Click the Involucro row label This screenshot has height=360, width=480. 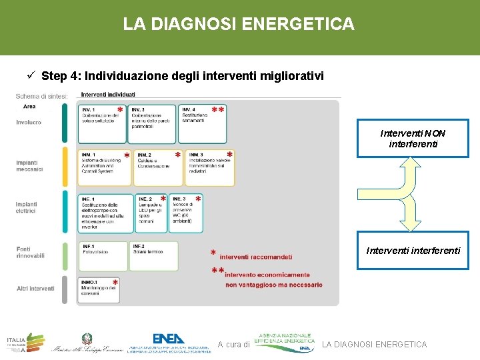[x=29, y=122]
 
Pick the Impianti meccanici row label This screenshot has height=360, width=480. [x=30, y=166]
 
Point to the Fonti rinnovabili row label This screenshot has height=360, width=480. [x=31, y=252]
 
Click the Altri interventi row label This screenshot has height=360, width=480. [x=35, y=289]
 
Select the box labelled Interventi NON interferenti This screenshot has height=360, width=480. [x=413, y=138]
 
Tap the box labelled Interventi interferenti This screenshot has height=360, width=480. [x=413, y=251]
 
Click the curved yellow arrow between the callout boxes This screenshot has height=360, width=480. [x=413, y=193]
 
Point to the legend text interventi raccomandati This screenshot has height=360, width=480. [x=255, y=257]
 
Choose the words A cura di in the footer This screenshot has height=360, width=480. [x=233, y=345]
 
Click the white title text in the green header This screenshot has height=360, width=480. [x=239, y=25]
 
